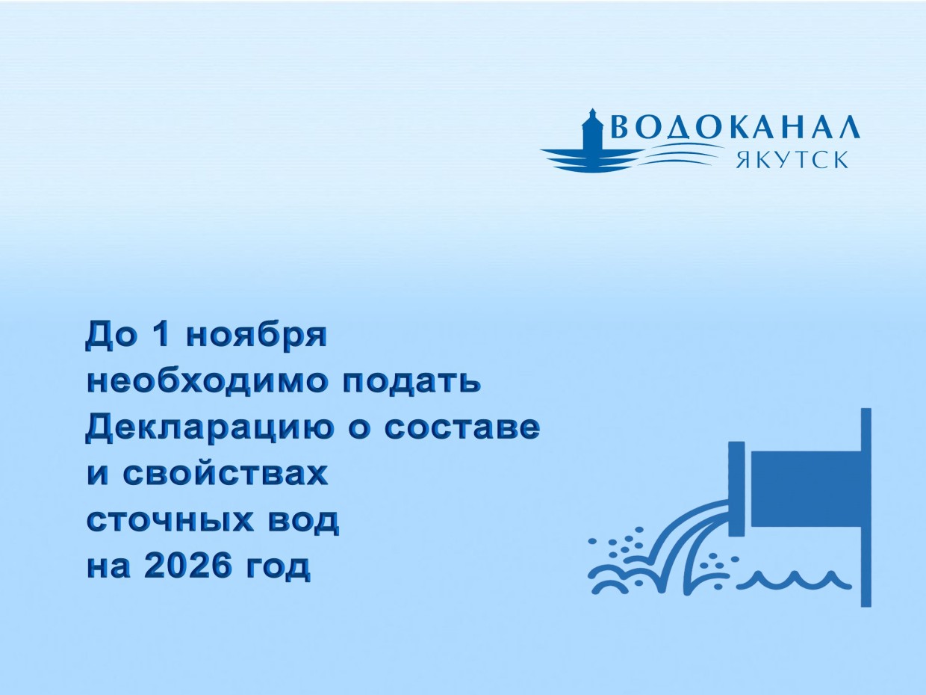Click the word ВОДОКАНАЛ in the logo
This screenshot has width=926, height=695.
(x=736, y=126)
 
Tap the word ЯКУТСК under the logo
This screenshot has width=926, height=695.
(x=792, y=160)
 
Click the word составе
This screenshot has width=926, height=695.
(x=462, y=428)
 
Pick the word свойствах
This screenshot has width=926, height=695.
(x=226, y=475)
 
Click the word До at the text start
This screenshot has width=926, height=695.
(x=112, y=336)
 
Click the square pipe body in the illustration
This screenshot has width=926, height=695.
(x=807, y=489)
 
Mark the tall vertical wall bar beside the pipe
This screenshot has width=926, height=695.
(x=866, y=507)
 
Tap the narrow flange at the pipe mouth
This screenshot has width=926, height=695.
(x=737, y=489)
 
